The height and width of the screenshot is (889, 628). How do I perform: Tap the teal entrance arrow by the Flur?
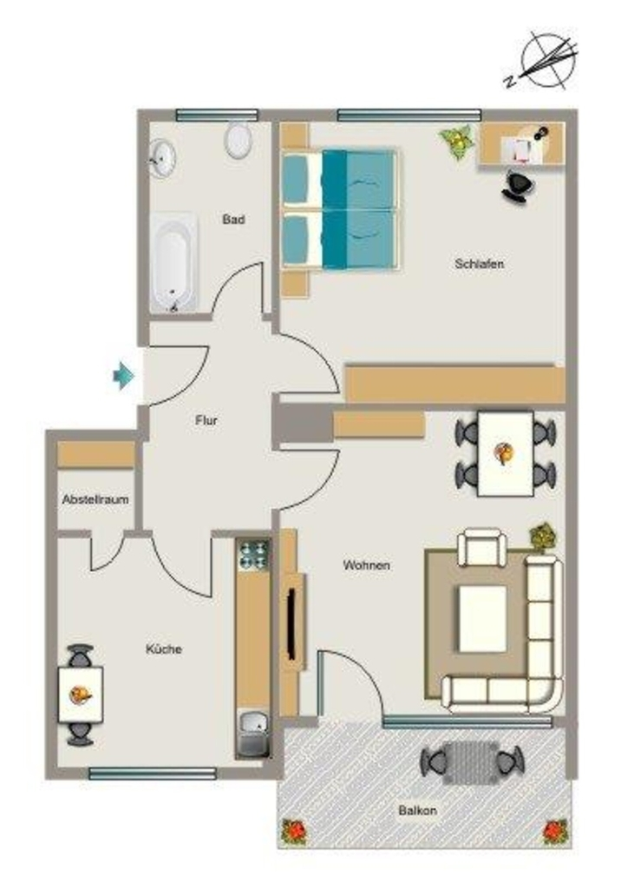tap(123, 375)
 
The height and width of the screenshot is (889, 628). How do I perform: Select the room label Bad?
tap(233, 220)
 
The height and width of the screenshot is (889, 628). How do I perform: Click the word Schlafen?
tap(479, 264)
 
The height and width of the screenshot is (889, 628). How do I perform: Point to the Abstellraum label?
tap(95, 499)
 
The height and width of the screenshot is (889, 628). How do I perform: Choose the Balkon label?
tap(417, 810)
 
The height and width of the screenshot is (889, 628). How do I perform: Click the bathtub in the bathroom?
tap(173, 262)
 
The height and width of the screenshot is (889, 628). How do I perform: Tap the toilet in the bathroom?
tap(239, 139)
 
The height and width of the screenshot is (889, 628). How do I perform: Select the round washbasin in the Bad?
tap(163, 158)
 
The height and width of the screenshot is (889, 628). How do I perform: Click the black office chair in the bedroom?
tap(518, 186)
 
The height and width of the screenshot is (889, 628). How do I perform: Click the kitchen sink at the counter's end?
tap(253, 733)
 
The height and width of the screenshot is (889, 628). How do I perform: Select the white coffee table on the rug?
tap(482, 618)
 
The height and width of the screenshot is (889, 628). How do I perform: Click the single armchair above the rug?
tap(482, 547)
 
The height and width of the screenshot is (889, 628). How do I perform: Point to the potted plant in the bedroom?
tap(457, 142)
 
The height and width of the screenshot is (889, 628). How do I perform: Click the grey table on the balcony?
tap(470, 762)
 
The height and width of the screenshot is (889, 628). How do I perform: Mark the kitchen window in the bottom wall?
tap(153, 774)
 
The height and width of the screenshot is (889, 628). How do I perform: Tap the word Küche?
tap(164, 649)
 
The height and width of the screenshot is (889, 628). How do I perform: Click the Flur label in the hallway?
tap(206, 421)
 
